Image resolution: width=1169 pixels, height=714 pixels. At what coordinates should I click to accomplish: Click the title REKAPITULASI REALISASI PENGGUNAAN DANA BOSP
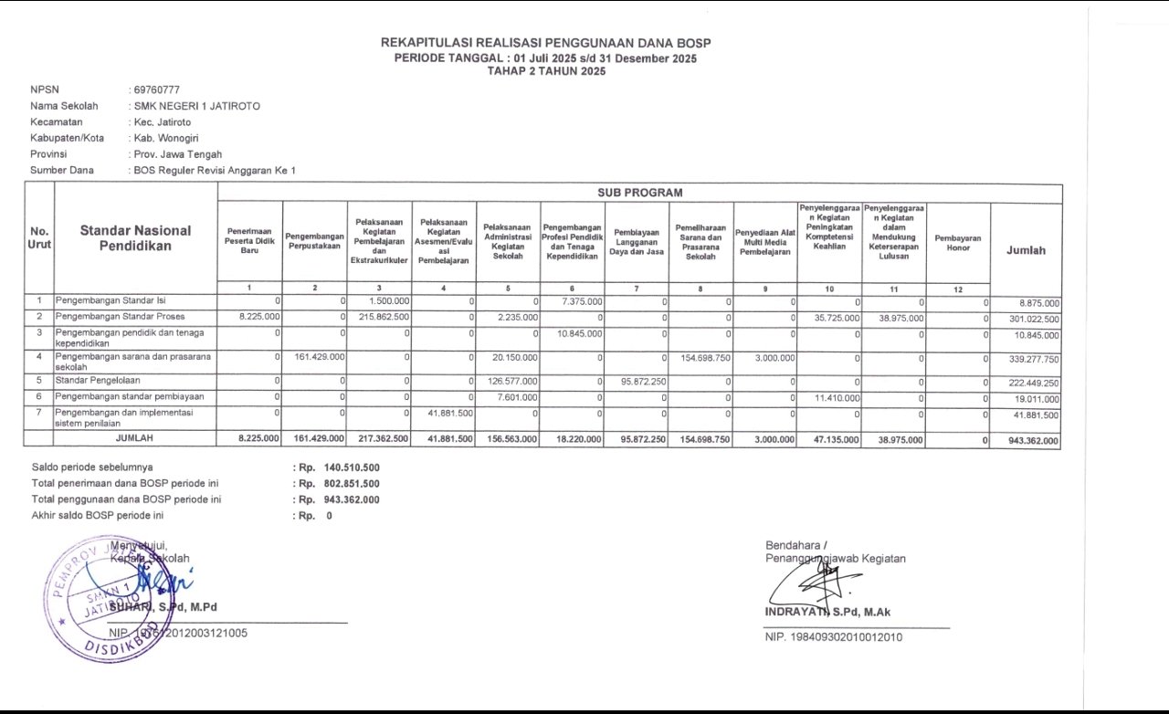pyautogui.click(x=545, y=43)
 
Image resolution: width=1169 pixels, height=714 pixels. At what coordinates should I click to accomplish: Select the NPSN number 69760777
pyautogui.click(x=156, y=89)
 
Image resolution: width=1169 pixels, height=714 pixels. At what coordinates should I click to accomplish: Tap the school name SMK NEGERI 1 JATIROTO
pyautogui.click(x=196, y=106)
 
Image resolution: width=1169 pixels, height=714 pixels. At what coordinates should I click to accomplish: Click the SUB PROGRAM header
pyautogui.click(x=639, y=193)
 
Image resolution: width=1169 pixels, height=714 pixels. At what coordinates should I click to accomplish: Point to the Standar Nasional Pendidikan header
pyautogui.click(x=135, y=238)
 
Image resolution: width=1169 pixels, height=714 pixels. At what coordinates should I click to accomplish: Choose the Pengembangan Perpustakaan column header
pyautogui.click(x=314, y=242)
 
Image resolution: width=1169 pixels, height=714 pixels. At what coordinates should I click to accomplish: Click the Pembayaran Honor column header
pyautogui.click(x=958, y=242)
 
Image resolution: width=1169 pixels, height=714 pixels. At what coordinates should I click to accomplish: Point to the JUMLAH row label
pyautogui.click(x=134, y=439)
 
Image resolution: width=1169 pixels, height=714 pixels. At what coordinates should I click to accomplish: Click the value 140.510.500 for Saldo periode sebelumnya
pyautogui.click(x=352, y=467)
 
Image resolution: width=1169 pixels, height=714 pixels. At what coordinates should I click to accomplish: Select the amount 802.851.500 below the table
pyautogui.click(x=352, y=483)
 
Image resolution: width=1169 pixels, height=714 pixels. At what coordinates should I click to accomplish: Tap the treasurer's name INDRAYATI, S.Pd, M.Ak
pyautogui.click(x=827, y=612)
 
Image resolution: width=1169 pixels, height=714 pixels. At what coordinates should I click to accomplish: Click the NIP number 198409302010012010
pyautogui.click(x=833, y=637)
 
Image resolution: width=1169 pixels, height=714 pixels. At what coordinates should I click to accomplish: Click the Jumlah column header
pyautogui.click(x=1026, y=250)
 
